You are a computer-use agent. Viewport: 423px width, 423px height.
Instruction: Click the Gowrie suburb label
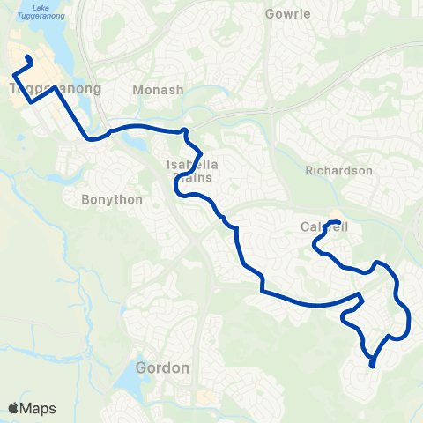[287, 14]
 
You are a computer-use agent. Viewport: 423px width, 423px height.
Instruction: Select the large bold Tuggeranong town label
[55, 89]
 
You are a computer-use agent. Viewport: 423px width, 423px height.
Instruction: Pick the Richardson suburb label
[339, 170]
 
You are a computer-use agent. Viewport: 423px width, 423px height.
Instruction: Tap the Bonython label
[112, 199]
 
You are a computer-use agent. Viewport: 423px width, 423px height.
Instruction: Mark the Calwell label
[324, 227]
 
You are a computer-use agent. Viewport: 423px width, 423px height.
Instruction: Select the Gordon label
[163, 367]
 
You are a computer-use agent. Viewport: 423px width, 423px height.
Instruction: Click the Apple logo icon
[13, 408]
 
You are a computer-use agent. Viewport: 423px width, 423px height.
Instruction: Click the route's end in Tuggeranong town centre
[28, 58]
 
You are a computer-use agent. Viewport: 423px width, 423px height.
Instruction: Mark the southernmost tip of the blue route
[372, 366]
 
